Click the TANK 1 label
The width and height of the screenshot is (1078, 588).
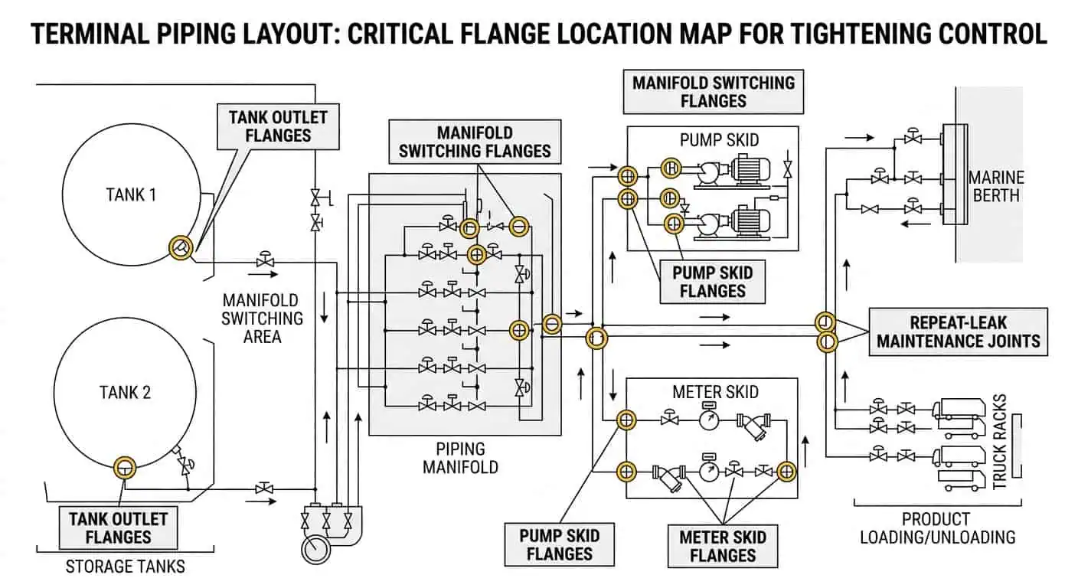(x=131, y=194)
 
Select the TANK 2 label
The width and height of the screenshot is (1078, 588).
(x=125, y=393)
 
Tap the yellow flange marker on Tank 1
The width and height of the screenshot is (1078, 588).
(x=181, y=247)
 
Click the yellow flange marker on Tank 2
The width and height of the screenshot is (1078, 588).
(x=124, y=465)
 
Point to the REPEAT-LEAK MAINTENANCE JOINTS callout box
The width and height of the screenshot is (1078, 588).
(x=958, y=332)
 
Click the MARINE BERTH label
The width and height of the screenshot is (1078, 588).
(x=995, y=186)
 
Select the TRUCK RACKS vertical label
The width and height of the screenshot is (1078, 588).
(x=1000, y=442)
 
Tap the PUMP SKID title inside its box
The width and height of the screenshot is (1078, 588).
(x=719, y=141)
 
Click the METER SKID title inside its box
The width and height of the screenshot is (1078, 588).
(x=715, y=392)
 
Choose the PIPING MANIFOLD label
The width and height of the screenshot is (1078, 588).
(x=460, y=457)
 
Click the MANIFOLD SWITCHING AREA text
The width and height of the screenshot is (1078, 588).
(x=262, y=318)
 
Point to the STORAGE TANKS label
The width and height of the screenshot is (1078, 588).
(x=126, y=567)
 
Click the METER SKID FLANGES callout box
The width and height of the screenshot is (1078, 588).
(x=722, y=546)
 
